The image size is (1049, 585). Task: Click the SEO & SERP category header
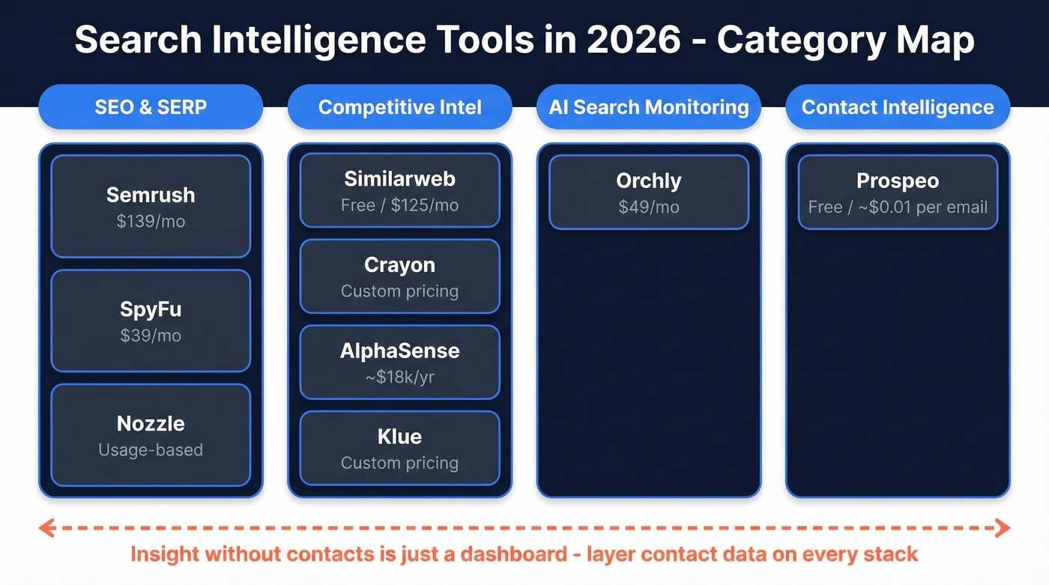tap(151, 107)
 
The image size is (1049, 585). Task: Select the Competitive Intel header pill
tap(399, 107)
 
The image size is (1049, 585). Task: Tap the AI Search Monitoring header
tap(649, 107)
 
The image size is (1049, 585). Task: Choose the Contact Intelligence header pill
tap(898, 107)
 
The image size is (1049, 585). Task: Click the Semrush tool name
tap(151, 195)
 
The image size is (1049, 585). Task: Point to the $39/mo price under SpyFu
tap(151, 336)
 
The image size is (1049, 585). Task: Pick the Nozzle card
tap(151, 434)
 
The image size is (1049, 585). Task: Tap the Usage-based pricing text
tap(151, 450)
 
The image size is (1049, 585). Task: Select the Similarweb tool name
tap(399, 179)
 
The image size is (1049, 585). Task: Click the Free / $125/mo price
tap(399, 205)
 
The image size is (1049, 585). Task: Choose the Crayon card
tap(399, 276)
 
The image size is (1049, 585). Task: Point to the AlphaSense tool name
tap(399, 351)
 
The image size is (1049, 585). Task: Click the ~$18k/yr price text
tap(399, 377)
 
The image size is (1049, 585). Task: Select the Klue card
tap(399, 448)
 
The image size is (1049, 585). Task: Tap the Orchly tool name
tap(649, 181)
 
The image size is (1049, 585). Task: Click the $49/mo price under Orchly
tap(649, 207)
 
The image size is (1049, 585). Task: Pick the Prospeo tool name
tap(898, 181)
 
